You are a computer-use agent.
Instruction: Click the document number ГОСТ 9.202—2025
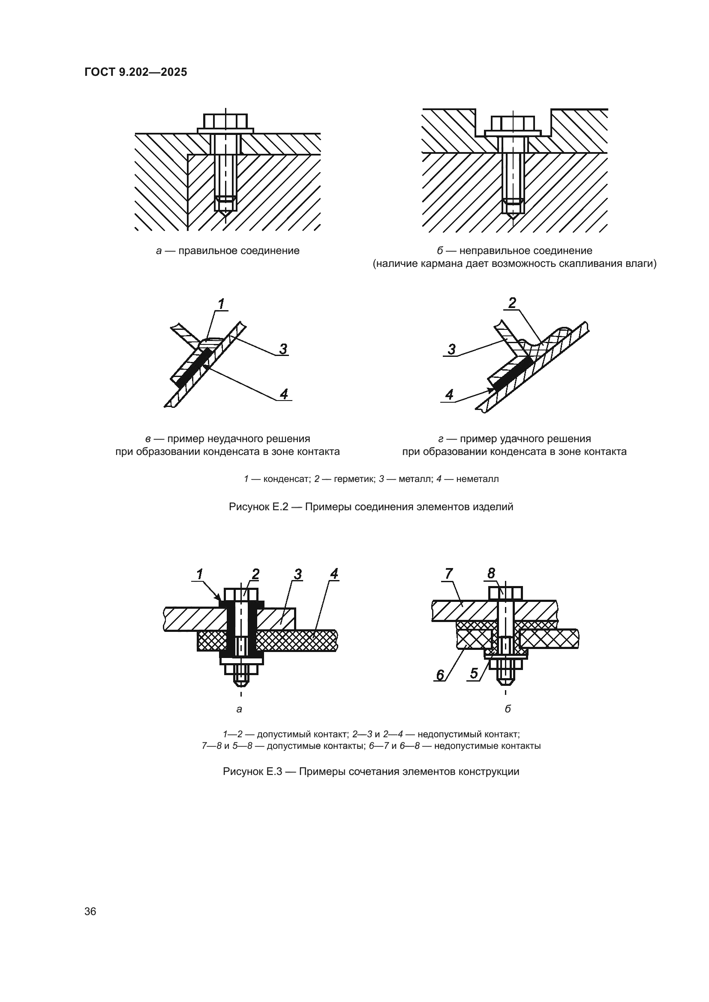point(136,72)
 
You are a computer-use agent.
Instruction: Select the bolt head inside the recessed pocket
point(513,123)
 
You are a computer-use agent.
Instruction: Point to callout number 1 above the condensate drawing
point(221,304)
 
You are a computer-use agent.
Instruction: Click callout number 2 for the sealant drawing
point(512,302)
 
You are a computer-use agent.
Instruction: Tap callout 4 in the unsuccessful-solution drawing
point(284,394)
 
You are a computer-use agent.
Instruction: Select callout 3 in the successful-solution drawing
point(451,349)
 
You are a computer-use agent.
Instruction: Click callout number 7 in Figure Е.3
point(449,574)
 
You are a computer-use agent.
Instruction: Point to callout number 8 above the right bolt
point(492,574)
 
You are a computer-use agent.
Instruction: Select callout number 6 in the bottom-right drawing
point(440,675)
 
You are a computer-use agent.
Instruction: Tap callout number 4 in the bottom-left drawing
point(334,574)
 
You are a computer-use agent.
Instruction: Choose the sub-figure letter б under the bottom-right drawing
point(507,709)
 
